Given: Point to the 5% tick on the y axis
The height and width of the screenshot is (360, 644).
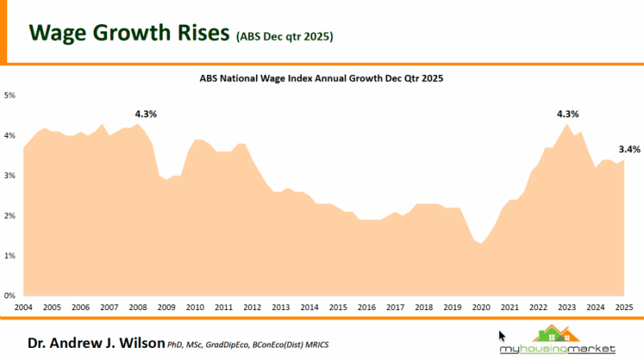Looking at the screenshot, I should click(10, 96).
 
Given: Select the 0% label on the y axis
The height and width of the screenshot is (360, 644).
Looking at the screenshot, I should click(10, 296).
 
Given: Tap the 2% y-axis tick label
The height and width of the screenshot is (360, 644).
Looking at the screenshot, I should click(10, 216).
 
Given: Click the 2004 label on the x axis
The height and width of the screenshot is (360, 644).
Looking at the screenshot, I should click(23, 308).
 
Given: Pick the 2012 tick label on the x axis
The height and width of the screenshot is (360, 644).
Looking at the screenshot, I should click(251, 308).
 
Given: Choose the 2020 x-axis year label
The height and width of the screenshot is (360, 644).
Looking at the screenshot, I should click(481, 308).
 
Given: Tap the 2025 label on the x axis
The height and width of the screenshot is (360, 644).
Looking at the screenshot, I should click(623, 308).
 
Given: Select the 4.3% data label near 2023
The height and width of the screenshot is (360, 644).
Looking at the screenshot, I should click(568, 114).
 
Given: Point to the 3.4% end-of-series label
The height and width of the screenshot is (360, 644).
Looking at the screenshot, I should click(630, 149).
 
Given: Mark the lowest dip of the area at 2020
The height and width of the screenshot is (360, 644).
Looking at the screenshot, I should click(481, 243).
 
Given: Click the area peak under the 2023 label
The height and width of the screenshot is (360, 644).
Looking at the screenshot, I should click(568, 125).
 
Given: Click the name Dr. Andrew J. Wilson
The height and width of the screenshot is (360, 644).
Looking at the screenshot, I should click(96, 344).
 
